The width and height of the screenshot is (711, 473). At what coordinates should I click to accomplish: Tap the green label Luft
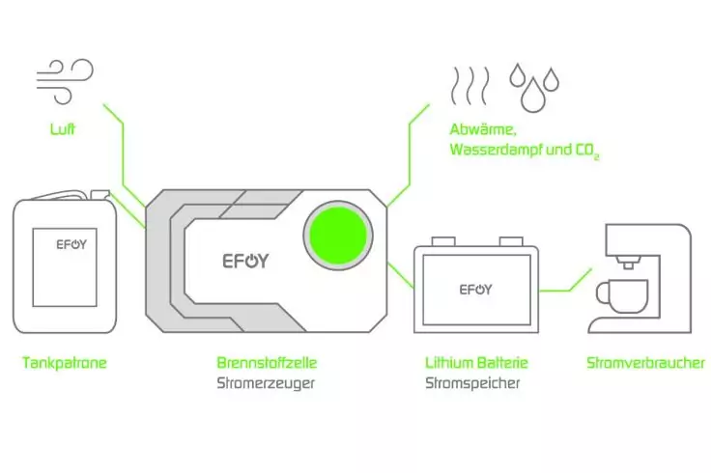(x=64, y=127)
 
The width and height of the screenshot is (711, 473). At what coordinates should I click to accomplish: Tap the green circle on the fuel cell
(x=338, y=237)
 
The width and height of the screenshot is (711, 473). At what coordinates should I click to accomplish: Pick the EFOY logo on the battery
(x=475, y=290)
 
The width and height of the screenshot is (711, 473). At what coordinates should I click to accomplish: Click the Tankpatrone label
(x=64, y=364)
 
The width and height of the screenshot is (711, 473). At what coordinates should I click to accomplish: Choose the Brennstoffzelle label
(x=268, y=364)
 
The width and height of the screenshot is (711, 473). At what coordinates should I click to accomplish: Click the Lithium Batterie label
(x=477, y=364)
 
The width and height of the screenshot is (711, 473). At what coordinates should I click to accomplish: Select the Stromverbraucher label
(x=645, y=364)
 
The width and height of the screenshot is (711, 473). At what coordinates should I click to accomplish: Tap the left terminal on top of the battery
(x=442, y=242)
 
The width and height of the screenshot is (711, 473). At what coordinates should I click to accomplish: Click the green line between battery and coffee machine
(x=565, y=287)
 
